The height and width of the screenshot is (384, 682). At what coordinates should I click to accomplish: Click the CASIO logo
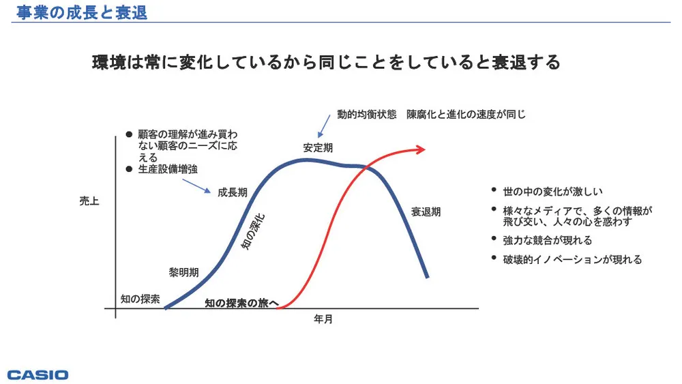pyautogui.click(x=38, y=374)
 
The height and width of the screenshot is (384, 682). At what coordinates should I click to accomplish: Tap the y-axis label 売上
pyautogui.click(x=89, y=202)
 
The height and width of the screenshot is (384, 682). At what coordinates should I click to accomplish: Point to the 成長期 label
pyautogui.click(x=232, y=192)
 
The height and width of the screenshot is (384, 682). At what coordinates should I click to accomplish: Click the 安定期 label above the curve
pyautogui.click(x=318, y=147)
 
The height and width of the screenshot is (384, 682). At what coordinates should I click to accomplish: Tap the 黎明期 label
pyautogui.click(x=183, y=272)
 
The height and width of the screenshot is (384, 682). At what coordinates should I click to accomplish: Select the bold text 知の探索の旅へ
pyautogui.click(x=241, y=303)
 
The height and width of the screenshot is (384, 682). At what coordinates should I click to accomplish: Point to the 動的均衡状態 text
pyautogui.click(x=366, y=115)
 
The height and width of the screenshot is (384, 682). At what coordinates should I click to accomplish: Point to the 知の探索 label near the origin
pyautogui.click(x=140, y=299)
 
